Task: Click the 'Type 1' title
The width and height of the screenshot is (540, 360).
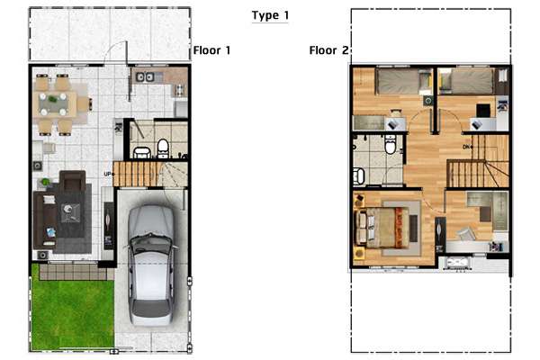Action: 270,15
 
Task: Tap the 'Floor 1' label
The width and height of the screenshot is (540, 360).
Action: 211,50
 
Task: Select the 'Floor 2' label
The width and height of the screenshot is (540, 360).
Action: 328,50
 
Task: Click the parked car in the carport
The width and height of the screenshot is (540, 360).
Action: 151,266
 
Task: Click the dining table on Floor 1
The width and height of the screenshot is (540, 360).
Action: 55,103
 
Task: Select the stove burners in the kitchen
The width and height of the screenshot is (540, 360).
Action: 179,90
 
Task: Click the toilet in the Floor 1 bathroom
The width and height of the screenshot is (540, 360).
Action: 163,148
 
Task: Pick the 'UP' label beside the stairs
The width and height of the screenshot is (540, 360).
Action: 109,175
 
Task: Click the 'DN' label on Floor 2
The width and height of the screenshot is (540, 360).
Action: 467,147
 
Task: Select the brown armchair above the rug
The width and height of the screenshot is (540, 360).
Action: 72,181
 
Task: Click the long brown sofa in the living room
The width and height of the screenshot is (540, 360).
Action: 45,220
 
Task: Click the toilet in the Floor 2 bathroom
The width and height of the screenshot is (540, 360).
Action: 391,145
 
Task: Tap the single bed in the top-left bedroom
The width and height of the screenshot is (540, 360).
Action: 403,81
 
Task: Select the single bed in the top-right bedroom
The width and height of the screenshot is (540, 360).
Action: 466,81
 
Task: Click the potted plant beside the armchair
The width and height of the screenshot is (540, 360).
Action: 45,182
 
